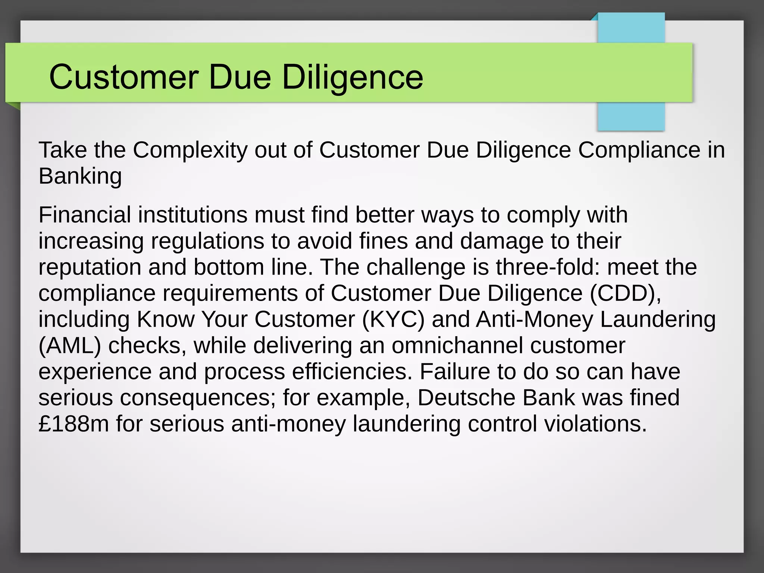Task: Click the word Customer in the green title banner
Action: (123, 77)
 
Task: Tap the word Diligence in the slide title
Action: (353, 77)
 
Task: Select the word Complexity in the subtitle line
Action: (190, 150)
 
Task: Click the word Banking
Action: (80, 176)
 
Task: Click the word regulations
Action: (207, 241)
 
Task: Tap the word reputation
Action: (90, 267)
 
